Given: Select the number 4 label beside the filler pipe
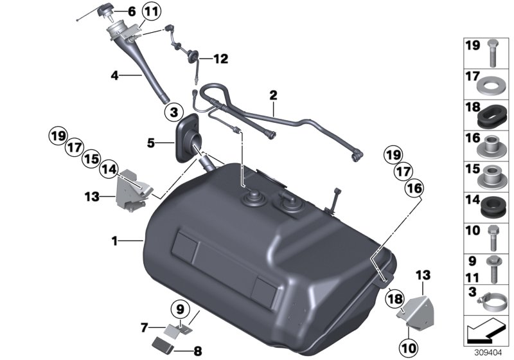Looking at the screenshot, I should pyautogui.click(x=114, y=76).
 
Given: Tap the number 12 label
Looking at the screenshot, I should pyautogui.click(x=220, y=59).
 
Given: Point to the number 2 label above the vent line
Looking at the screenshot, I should pyautogui.click(x=273, y=96).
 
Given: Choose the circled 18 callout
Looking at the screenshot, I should pyautogui.click(x=393, y=297).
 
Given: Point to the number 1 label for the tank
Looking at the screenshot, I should pyautogui.click(x=114, y=242).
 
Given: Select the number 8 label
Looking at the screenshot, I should pyautogui.click(x=197, y=351).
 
